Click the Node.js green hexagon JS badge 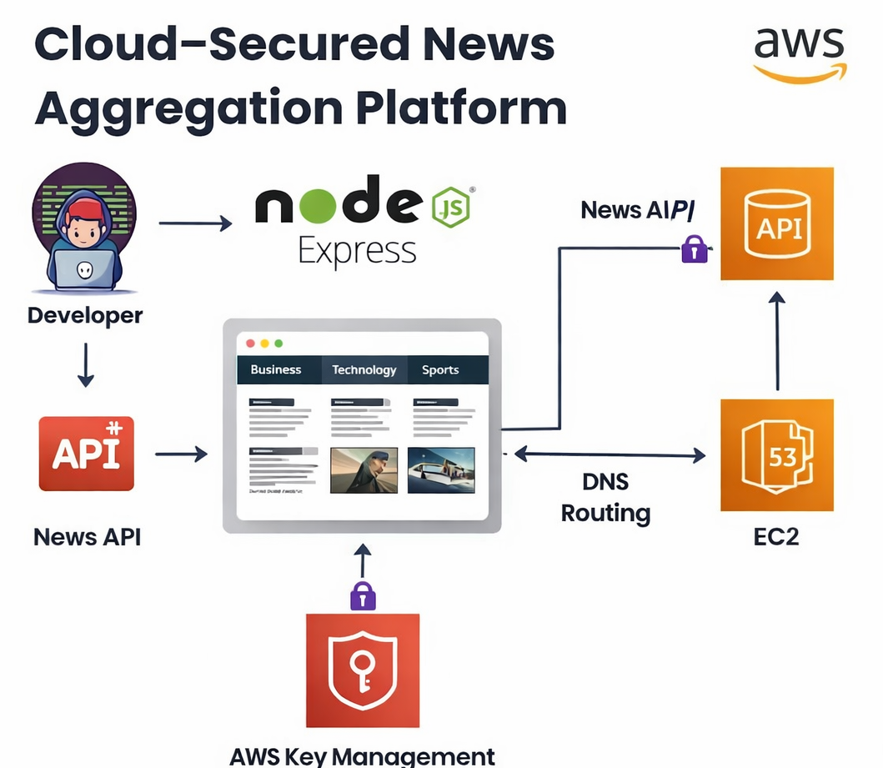coord(450,208)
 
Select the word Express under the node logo coord(357,250)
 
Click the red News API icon coord(86,453)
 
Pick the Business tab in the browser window coord(276,369)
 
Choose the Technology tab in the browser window coord(364,369)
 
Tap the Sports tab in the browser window coord(440,369)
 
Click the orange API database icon coord(776,223)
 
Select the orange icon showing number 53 coord(776,454)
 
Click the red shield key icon coord(362,670)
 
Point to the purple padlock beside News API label coord(695,248)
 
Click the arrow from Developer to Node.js coord(195,223)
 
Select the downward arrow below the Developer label coord(85,365)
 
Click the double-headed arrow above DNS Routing coord(610,454)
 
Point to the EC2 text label coord(775,536)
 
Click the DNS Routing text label coord(605,497)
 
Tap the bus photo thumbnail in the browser coord(441,470)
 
